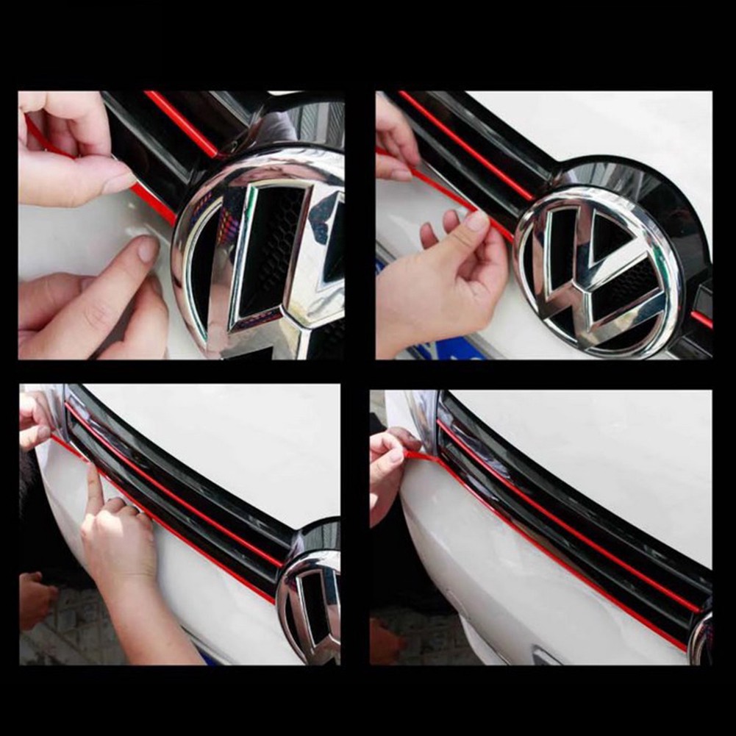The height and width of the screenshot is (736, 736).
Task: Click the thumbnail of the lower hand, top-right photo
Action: coord(476,221)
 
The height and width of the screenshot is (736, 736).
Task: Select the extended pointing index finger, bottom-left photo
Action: coord(95,489)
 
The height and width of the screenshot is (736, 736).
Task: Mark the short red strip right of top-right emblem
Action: coord(701,319)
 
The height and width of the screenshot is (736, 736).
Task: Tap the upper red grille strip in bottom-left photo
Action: coord(176,486)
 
